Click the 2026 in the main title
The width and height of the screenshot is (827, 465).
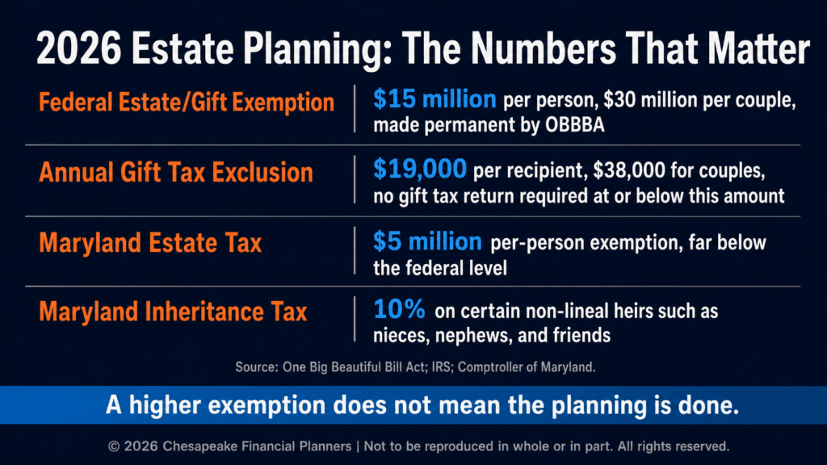click(x=78, y=48)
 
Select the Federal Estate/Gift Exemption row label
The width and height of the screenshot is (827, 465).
click(x=187, y=103)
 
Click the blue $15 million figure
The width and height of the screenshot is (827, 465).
click(x=434, y=98)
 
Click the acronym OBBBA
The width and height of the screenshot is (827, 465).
click(x=575, y=125)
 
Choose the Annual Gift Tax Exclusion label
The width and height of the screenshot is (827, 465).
click(x=175, y=173)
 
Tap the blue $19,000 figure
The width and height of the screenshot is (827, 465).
click(x=420, y=169)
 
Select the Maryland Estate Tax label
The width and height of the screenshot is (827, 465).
click(x=150, y=243)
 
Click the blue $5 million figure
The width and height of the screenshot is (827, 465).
click(x=427, y=241)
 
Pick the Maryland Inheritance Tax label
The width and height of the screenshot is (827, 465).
click(x=173, y=312)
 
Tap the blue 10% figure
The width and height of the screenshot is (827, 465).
click(x=399, y=309)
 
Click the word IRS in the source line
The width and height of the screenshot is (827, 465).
click(x=441, y=367)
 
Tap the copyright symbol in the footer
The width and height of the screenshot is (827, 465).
click(x=114, y=446)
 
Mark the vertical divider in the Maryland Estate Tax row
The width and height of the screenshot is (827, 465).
click(x=355, y=250)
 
